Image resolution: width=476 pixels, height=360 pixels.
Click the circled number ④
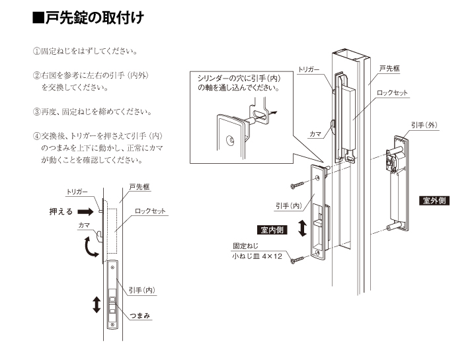[x=37, y=135]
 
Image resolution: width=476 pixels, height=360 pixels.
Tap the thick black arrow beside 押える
[x=87, y=212]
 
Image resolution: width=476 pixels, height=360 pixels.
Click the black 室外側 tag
[x=434, y=200]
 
